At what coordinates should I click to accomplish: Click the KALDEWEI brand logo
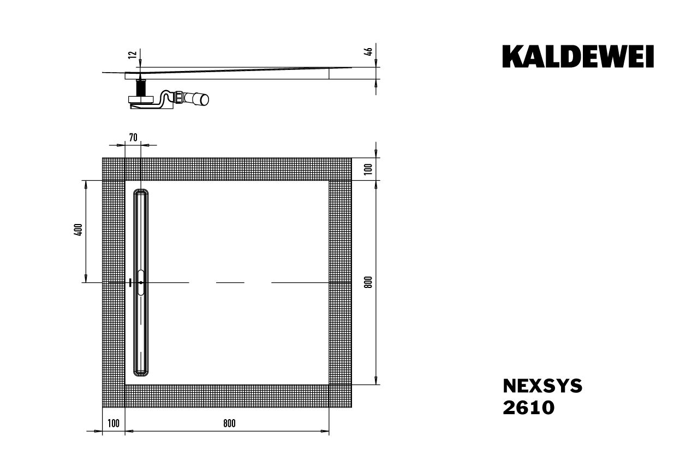click(578, 57)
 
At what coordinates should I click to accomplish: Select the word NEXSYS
click(542, 386)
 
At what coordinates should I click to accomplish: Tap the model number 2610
click(528, 408)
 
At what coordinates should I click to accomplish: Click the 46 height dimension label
click(368, 52)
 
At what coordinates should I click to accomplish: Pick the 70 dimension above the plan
click(133, 137)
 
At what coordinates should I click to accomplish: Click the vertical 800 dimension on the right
click(368, 282)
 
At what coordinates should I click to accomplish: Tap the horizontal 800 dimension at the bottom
click(229, 423)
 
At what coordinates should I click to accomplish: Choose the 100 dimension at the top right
click(368, 168)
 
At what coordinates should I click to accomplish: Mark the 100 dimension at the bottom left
click(114, 423)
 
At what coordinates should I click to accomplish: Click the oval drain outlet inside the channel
click(141, 282)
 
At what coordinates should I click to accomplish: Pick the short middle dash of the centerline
click(230, 282)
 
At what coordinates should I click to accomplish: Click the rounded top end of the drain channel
click(141, 192)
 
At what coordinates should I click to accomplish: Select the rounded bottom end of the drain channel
click(141, 373)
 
